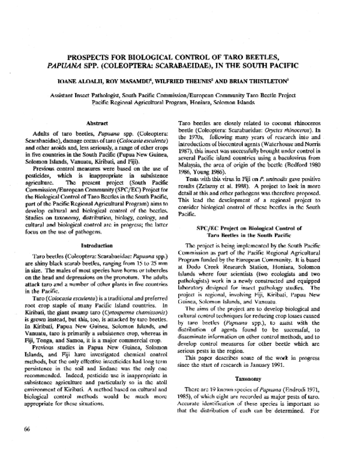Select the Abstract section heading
97,122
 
